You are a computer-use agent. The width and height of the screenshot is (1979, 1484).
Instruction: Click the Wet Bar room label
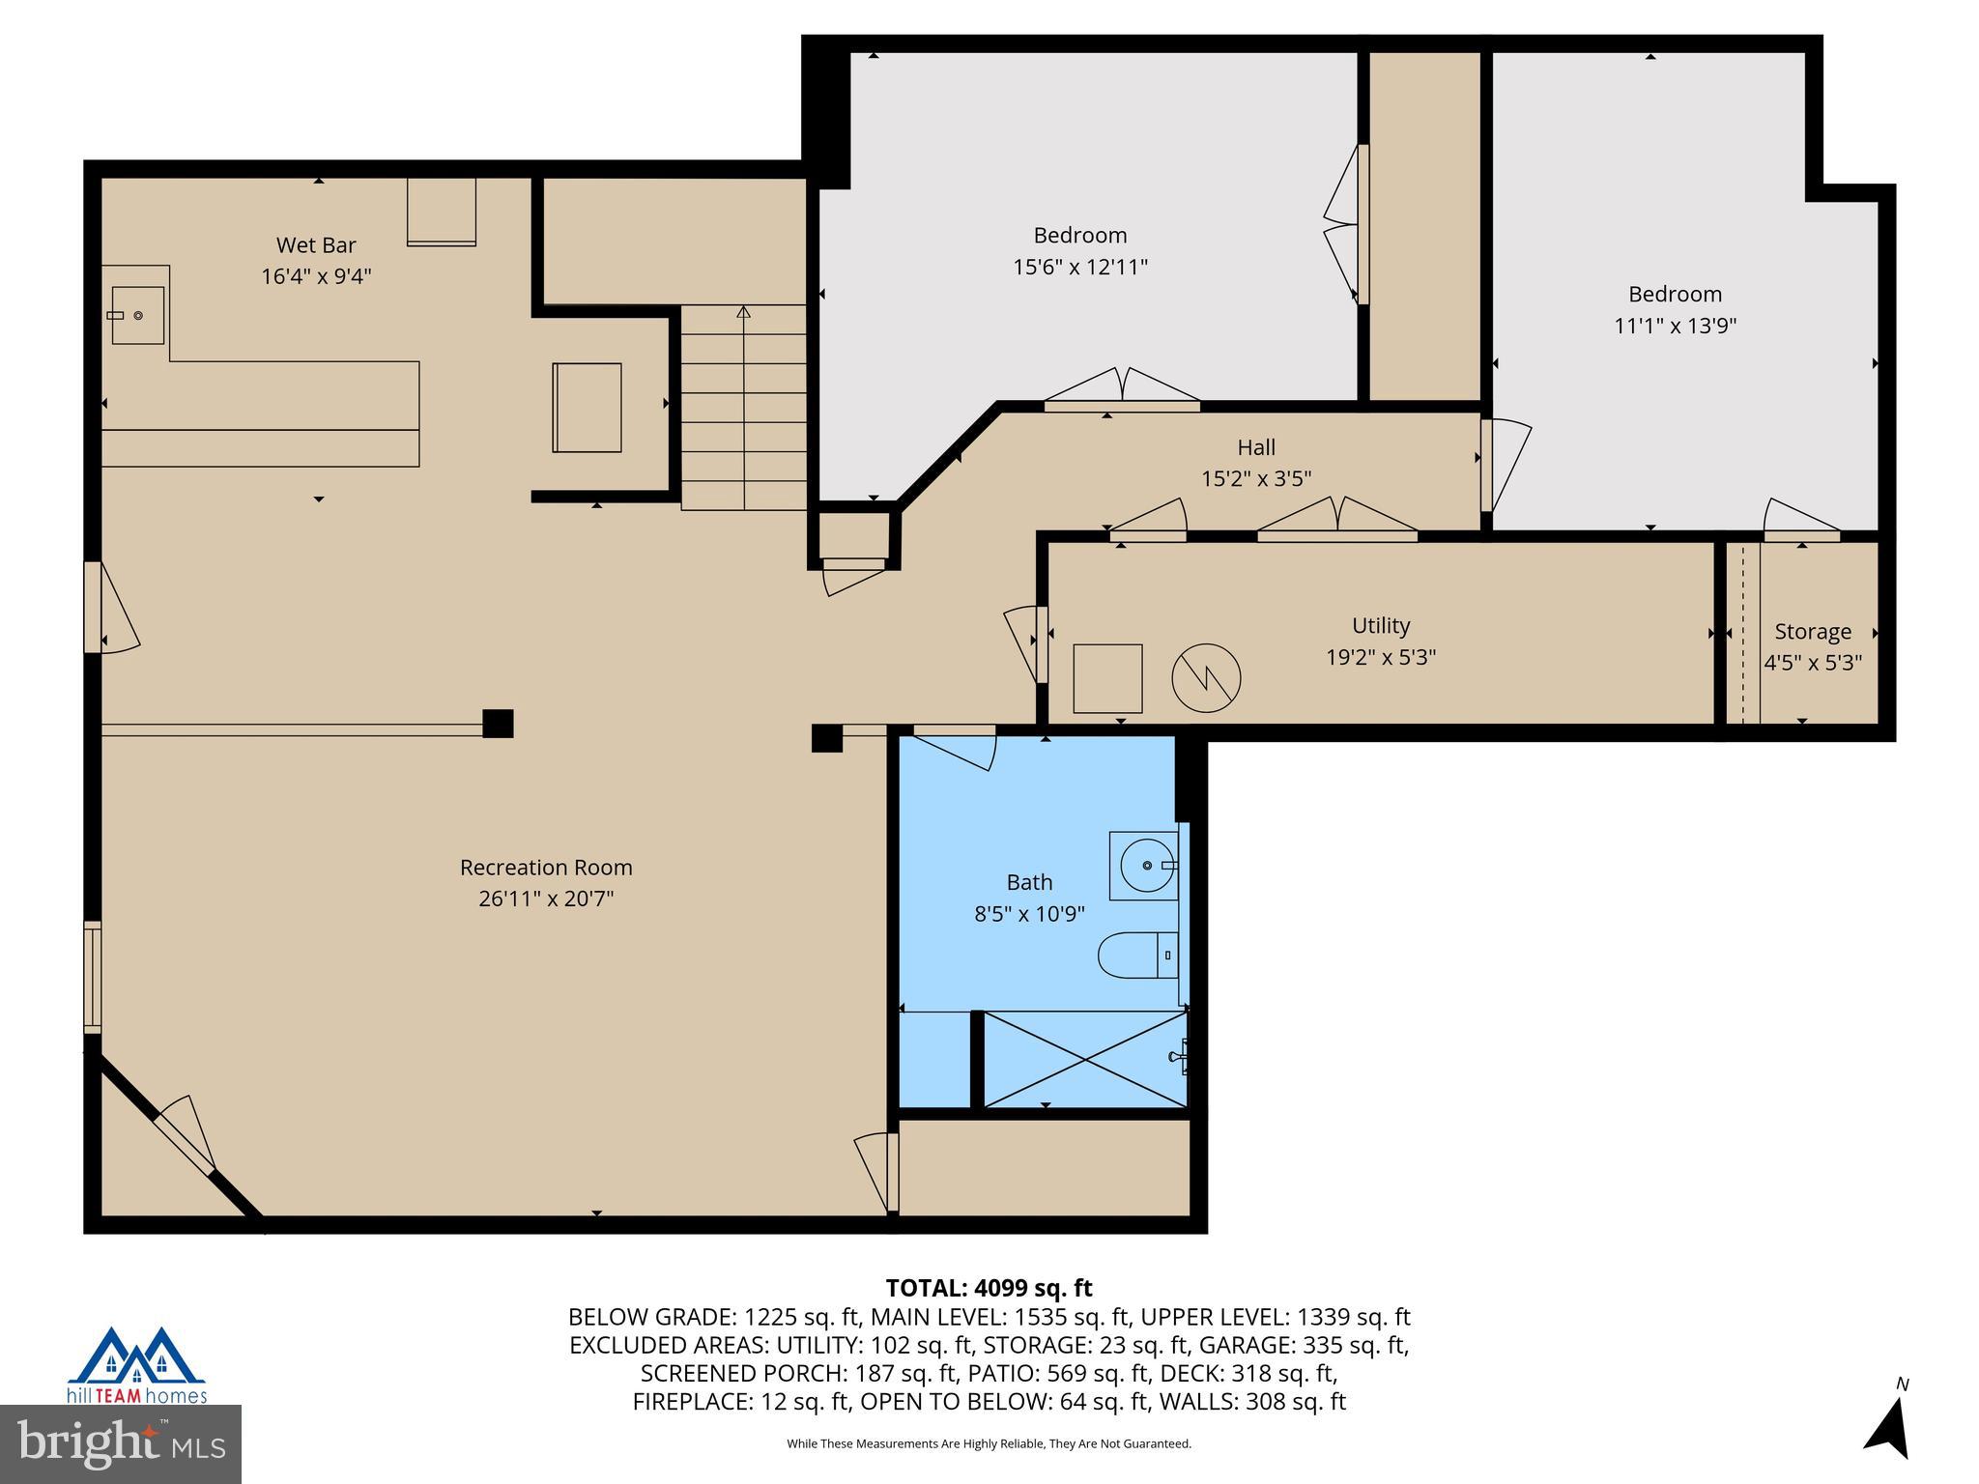coord(316,245)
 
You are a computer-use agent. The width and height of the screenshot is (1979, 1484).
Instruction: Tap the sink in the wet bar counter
coord(137,315)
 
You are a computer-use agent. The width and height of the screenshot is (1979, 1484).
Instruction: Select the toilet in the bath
coord(1138,955)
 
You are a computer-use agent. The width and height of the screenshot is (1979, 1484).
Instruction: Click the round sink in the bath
coord(1145,866)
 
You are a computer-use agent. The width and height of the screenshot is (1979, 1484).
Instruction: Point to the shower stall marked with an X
coord(1085,1060)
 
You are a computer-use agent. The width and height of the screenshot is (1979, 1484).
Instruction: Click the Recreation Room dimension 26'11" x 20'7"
coord(546,899)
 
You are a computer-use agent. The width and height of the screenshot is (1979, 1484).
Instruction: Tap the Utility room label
coord(1381,625)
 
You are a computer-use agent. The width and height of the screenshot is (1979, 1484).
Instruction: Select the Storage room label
coord(1813,632)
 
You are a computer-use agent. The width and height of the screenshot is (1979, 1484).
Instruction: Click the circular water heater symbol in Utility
coord(1206,678)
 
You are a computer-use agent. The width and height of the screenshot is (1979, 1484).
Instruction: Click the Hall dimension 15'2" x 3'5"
coord(1256,478)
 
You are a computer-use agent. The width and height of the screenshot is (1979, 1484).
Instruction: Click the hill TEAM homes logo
coord(136,1364)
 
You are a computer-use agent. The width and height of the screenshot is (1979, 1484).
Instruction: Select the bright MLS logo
coord(121,1443)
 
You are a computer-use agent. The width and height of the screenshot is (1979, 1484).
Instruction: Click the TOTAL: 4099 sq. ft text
coord(989,1288)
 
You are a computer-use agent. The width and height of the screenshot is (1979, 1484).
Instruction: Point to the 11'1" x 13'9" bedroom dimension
coord(1675,326)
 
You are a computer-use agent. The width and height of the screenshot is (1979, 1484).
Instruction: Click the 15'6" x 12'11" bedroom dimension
coord(1079,267)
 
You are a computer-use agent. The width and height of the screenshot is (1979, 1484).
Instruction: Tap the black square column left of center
coord(498,724)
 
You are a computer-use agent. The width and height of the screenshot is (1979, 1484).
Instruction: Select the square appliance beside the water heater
coord(1107,678)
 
